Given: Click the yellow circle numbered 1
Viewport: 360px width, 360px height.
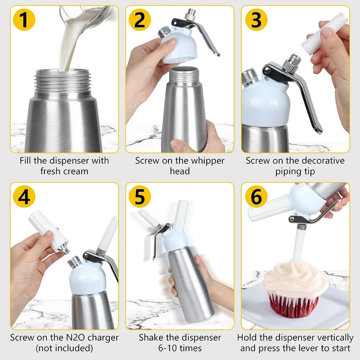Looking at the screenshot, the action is pyautogui.click(x=24, y=20).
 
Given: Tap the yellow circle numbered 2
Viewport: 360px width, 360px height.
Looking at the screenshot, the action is pyautogui.click(x=139, y=20).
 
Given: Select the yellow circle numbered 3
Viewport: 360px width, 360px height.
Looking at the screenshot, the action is pyautogui.click(x=256, y=20).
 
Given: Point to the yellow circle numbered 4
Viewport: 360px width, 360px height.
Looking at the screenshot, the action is pyautogui.click(x=24, y=197).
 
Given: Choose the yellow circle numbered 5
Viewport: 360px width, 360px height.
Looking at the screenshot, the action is pyautogui.click(x=139, y=197).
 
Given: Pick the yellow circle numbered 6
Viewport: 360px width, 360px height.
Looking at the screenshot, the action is pyautogui.click(x=256, y=197).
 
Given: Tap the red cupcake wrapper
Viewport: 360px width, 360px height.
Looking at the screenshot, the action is pyautogui.click(x=293, y=306).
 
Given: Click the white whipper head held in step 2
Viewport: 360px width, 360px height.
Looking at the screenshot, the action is pyautogui.click(x=179, y=46).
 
